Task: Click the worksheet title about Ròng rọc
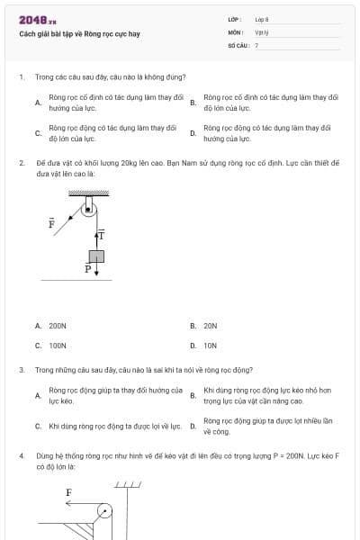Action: coord(79,34)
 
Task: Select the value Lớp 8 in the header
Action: coord(262,18)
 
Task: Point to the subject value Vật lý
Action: coord(263,31)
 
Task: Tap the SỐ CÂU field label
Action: coord(238,44)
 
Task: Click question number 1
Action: coord(21,77)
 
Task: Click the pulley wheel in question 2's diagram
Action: coord(87,209)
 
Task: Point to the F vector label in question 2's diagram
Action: coord(51,221)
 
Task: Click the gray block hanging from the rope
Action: coord(96,256)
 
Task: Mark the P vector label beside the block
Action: coord(88,268)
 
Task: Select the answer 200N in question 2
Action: coord(58,325)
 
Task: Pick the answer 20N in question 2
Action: coord(211,325)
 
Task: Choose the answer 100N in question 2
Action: coord(58,345)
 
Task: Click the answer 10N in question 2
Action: coord(211,345)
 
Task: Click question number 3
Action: coord(21,369)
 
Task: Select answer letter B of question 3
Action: coord(193,395)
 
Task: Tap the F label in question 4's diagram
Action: coord(68,492)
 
